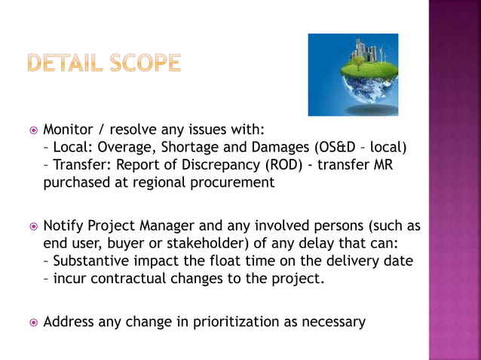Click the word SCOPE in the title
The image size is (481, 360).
143,63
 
